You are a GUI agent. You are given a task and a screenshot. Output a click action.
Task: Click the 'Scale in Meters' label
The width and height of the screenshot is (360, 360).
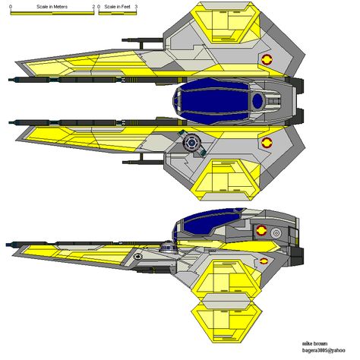(52, 7)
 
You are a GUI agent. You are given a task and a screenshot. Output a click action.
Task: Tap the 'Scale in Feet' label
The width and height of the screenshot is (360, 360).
(117, 7)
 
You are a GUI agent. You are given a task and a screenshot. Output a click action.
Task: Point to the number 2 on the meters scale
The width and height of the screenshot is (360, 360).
(93, 7)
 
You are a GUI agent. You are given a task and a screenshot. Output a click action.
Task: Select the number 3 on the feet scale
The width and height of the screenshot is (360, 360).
(136, 7)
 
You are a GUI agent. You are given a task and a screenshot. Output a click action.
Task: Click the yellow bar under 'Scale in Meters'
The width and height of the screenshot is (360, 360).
(52, 13)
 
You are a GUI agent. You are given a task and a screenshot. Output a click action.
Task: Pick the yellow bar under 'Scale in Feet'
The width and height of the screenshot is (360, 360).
(118, 13)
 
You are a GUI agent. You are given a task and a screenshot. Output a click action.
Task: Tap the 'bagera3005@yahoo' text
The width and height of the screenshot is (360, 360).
(324, 351)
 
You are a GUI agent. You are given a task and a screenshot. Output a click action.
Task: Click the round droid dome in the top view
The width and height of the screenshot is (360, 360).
(191, 143)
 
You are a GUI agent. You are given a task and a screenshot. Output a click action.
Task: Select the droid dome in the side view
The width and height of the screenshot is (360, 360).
(168, 246)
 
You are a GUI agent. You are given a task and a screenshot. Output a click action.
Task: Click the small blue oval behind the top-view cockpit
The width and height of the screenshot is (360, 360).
(257, 101)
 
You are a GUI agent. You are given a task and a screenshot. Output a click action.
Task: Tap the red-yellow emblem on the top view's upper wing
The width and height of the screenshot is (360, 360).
(267, 59)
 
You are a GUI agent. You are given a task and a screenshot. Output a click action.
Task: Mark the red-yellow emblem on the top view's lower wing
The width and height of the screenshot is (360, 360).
(267, 143)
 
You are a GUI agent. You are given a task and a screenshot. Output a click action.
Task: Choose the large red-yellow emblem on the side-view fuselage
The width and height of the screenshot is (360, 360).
(261, 231)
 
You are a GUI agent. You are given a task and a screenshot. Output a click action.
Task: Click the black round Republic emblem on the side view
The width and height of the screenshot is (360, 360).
(138, 257)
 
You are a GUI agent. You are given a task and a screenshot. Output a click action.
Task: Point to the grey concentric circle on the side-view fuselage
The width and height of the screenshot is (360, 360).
(276, 233)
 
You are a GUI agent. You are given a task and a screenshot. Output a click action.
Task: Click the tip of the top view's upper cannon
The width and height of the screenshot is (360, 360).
(8, 80)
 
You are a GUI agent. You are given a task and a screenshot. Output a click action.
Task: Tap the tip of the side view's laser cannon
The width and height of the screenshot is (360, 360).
(6, 245)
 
